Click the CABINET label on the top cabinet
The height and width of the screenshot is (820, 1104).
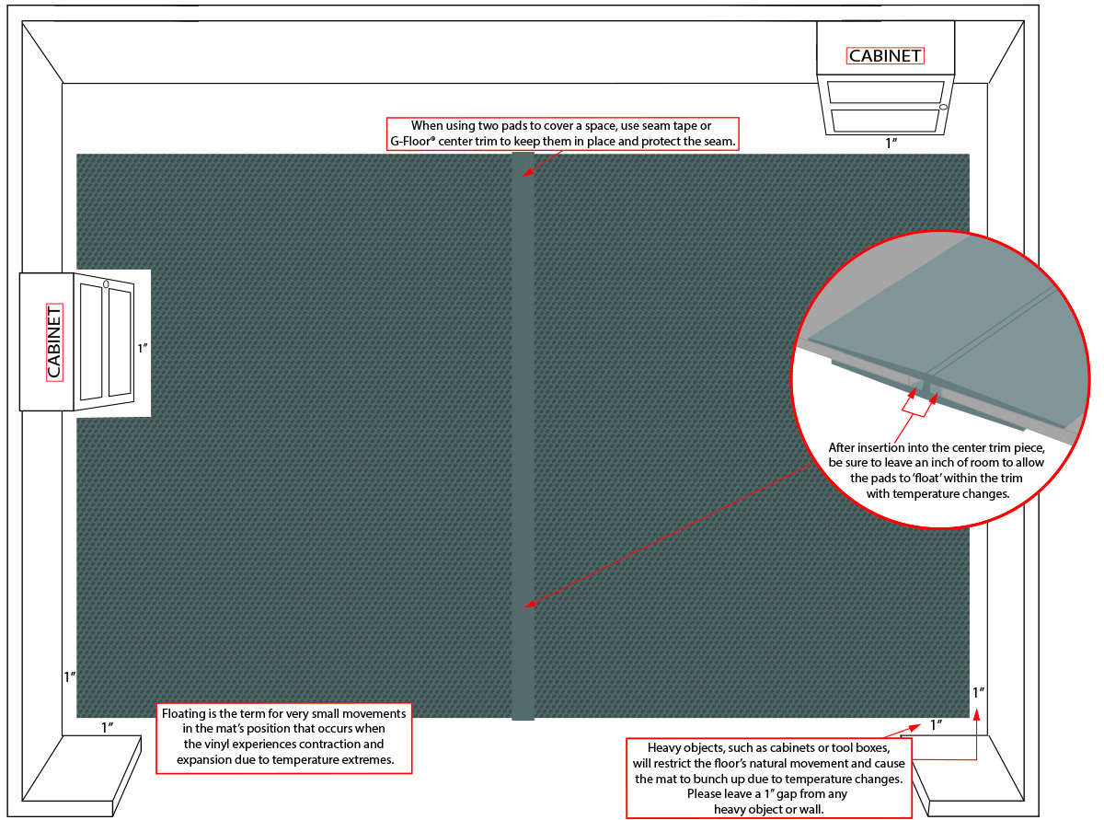click(x=884, y=56)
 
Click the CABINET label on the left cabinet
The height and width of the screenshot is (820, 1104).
click(x=54, y=341)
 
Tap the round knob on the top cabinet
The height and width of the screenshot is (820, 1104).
click(x=943, y=109)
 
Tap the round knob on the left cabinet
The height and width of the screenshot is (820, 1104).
click(x=106, y=283)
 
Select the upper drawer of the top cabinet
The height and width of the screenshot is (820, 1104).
click(x=884, y=92)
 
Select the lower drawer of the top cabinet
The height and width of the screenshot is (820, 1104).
click(x=884, y=121)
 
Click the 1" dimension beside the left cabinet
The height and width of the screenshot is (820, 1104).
click(x=143, y=349)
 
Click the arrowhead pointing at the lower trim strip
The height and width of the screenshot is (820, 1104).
click(x=529, y=604)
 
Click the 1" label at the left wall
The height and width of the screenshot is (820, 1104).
click(x=69, y=676)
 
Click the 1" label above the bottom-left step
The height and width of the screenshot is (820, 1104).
click(x=107, y=727)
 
